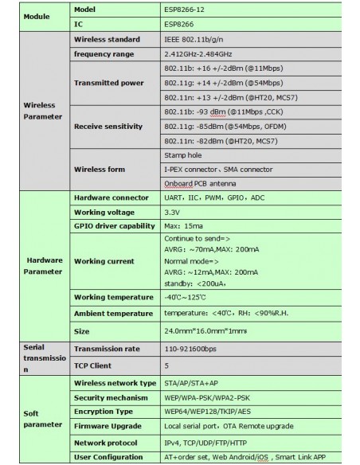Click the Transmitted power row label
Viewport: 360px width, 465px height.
(x=108, y=83)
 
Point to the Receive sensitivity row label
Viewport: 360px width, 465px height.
(x=108, y=127)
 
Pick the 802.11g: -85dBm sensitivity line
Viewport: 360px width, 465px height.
(x=215, y=127)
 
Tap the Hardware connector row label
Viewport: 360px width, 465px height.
(x=111, y=197)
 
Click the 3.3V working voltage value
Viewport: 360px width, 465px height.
(x=172, y=212)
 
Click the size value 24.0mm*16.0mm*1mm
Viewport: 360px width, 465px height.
(x=205, y=330)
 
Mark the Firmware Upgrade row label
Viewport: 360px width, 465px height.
(x=108, y=426)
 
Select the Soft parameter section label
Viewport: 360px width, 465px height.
(x=37, y=419)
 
